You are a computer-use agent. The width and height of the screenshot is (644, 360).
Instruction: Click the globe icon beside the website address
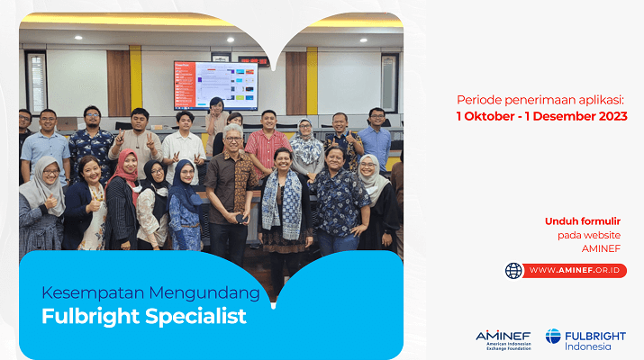tap(513, 271)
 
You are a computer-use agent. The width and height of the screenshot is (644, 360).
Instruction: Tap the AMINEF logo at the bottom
tap(503, 340)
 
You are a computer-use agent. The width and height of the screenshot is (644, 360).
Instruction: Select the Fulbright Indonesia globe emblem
tap(553, 337)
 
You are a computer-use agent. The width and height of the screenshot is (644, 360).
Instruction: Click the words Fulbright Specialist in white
tap(144, 317)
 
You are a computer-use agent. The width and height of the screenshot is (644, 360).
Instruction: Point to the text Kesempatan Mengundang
tap(150, 293)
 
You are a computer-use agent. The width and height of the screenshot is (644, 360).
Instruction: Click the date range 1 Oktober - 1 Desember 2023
tap(541, 116)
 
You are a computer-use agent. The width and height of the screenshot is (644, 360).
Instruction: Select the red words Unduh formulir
tap(583, 221)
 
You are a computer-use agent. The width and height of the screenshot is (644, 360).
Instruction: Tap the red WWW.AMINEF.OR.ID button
tap(574, 271)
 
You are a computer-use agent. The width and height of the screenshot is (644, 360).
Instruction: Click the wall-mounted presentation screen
tap(216, 85)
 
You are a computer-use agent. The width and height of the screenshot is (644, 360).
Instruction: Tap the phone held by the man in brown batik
tap(240, 219)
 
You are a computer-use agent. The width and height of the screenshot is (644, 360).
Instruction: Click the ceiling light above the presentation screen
tap(231, 40)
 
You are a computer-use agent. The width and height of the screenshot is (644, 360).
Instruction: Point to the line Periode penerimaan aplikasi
tap(540, 100)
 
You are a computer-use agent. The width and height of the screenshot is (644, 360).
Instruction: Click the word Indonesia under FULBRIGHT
tap(588, 346)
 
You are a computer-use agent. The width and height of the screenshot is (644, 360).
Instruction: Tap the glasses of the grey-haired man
tap(233, 139)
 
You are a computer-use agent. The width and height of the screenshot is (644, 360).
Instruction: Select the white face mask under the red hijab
tap(136, 188)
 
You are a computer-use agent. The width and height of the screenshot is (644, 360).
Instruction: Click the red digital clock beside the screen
tap(253, 61)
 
